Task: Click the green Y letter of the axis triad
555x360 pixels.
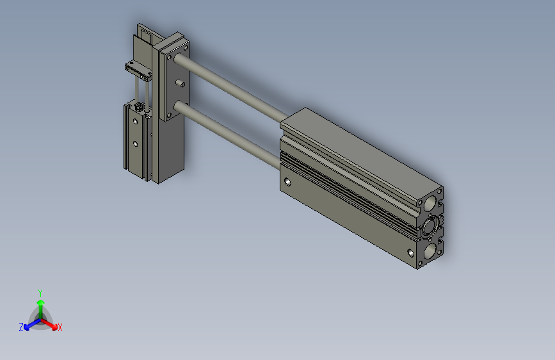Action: click(x=40, y=291)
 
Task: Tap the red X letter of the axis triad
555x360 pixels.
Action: click(x=60, y=328)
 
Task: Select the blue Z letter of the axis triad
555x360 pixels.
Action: click(x=21, y=327)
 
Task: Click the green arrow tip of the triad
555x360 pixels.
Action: click(x=40, y=302)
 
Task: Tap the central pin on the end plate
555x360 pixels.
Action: click(x=179, y=83)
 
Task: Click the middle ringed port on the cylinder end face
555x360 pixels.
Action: click(x=430, y=227)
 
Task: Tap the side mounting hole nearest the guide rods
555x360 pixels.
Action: click(x=287, y=182)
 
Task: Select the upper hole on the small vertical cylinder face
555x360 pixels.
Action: click(x=136, y=121)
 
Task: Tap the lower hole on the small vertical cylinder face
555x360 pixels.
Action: click(x=136, y=143)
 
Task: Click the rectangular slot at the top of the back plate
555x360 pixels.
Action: click(x=146, y=36)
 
